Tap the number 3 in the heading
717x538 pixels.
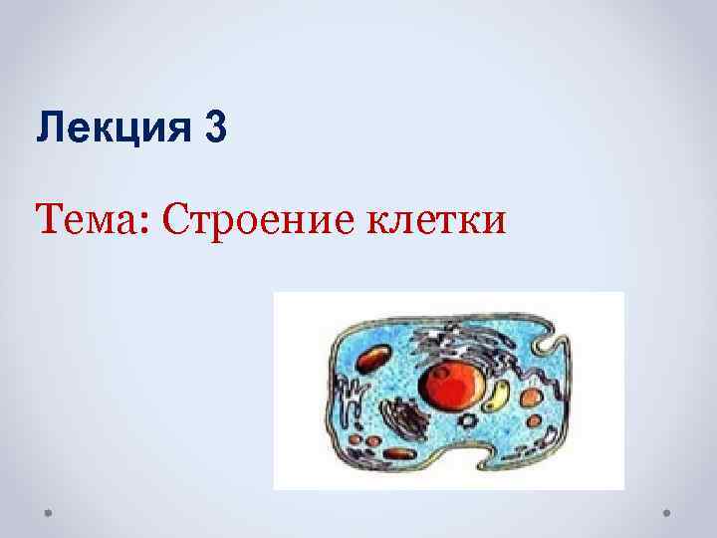tap(216, 131)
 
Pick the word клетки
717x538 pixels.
tap(442, 216)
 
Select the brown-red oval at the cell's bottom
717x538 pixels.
tap(399, 454)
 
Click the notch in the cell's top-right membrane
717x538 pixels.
tap(545, 345)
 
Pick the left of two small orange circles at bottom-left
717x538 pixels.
tap(355, 438)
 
